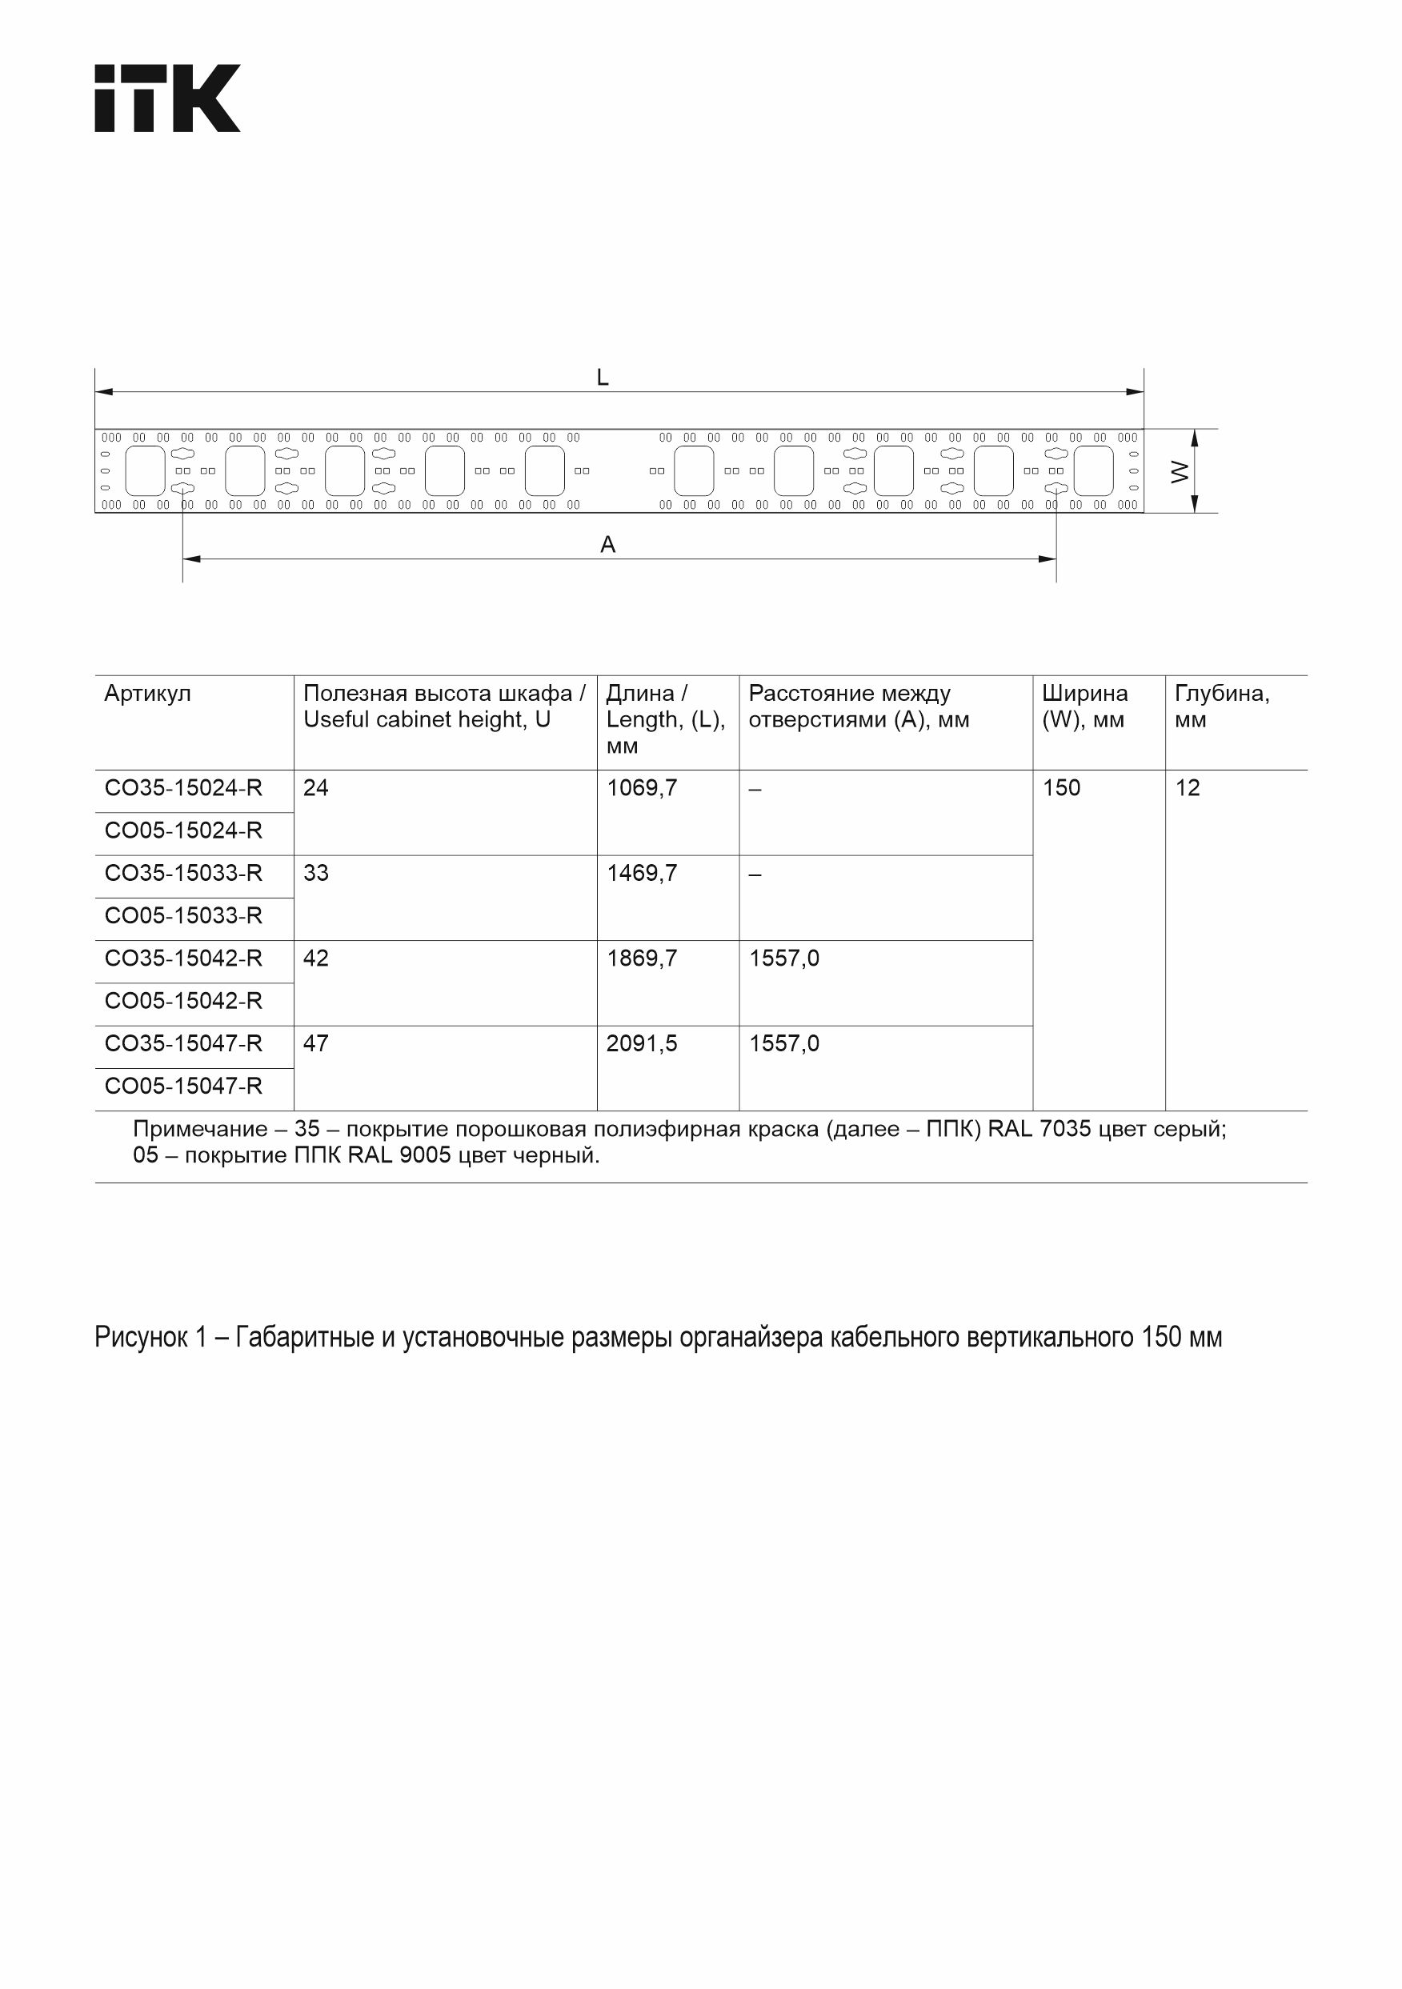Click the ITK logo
(167, 98)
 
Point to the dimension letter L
(603, 378)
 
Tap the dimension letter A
(608, 545)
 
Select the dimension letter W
(1180, 471)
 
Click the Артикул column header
(147, 694)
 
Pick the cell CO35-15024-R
(182, 788)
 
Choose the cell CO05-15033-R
(182, 915)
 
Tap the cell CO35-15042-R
(182, 959)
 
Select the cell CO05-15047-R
(182, 1087)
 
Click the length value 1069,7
(641, 788)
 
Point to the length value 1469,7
(641, 873)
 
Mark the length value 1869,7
(641, 959)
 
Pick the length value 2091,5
(641, 1044)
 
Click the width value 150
(1060, 788)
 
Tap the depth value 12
(1187, 788)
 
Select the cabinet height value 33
(316, 873)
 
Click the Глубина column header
(1222, 694)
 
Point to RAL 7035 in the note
(1039, 1130)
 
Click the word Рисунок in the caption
(140, 1338)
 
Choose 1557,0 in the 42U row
(783, 959)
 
